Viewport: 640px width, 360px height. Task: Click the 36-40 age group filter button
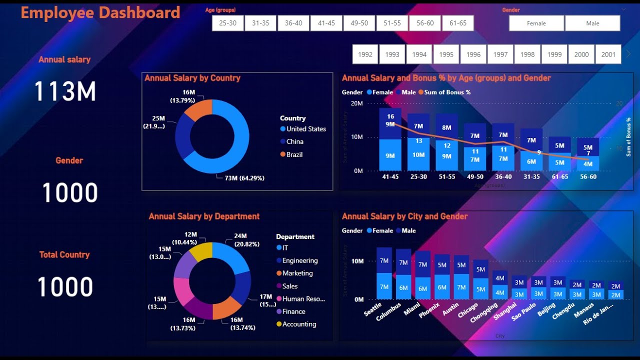pyautogui.click(x=293, y=23)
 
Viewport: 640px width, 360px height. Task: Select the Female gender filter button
pyautogui.click(x=536, y=23)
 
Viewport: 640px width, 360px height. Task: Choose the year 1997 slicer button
pyautogui.click(x=500, y=54)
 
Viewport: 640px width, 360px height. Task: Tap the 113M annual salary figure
pyautogui.click(x=65, y=91)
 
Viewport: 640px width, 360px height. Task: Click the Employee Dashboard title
pyautogui.click(x=100, y=12)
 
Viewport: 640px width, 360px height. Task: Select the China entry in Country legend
pyautogui.click(x=294, y=141)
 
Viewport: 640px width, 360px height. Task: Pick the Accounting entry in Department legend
pyautogui.click(x=299, y=324)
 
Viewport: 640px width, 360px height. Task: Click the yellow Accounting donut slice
pyautogui.click(x=201, y=251)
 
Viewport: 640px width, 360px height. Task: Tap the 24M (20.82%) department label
pyautogui.click(x=240, y=239)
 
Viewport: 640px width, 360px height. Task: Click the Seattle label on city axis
pyautogui.click(x=373, y=309)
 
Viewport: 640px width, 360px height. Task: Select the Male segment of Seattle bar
pyautogui.click(x=384, y=260)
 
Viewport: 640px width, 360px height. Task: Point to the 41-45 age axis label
pyautogui.click(x=390, y=176)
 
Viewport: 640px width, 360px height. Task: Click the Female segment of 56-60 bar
pyautogui.click(x=588, y=163)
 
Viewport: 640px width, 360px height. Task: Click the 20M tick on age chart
pyautogui.click(x=356, y=103)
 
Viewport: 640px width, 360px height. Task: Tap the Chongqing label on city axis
pyautogui.click(x=484, y=312)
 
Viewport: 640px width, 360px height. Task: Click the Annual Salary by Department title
pyautogui.click(x=204, y=216)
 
